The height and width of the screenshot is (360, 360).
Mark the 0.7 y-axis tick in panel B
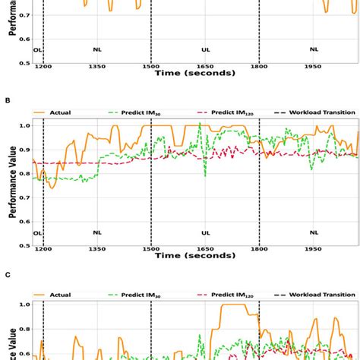pyautogui.click(x=24, y=197)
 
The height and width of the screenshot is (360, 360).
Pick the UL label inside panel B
pyautogui.click(x=205, y=233)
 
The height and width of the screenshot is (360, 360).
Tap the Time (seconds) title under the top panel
pyautogui.click(x=195, y=74)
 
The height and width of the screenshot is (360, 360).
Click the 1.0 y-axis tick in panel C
pyautogui.click(x=24, y=305)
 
